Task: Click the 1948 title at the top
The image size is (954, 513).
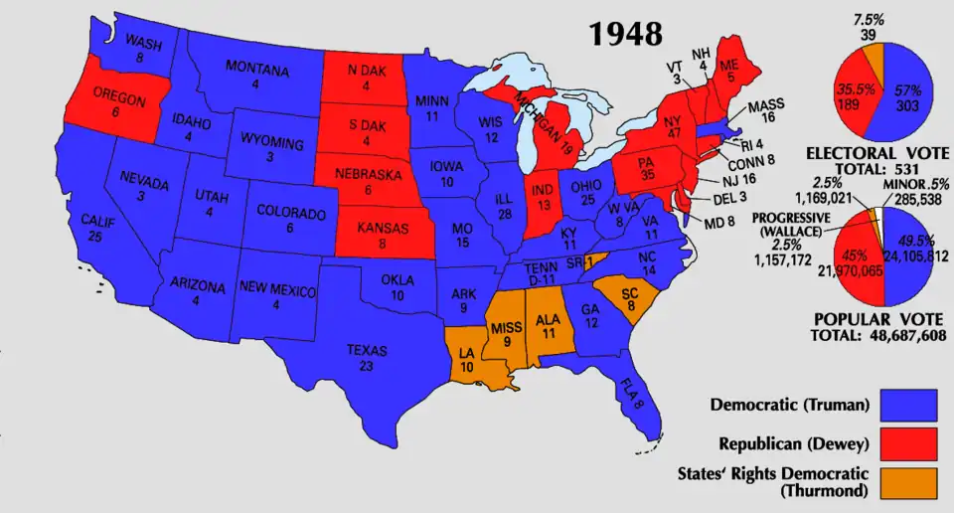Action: click(625, 34)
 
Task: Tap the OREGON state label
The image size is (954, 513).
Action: click(119, 99)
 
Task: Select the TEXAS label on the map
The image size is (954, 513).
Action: click(367, 351)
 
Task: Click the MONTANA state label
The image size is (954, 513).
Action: click(256, 72)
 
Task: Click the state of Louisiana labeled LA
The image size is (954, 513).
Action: click(467, 356)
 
